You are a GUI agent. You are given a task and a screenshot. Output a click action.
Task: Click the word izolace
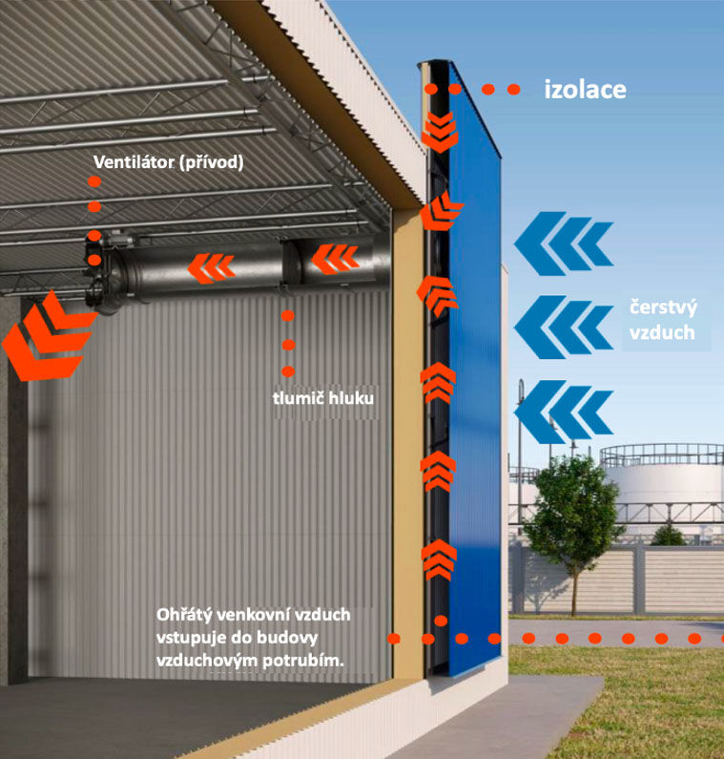point(585,90)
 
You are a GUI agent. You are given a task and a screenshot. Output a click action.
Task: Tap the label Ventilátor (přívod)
point(168,162)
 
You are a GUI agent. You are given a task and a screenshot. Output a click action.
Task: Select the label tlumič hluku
point(323,398)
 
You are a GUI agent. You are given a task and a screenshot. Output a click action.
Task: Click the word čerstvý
point(663,307)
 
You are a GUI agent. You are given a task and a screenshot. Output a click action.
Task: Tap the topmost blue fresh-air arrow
point(564,243)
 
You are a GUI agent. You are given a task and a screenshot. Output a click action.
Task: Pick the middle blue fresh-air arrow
point(564,327)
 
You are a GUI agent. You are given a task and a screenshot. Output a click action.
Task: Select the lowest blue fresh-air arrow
point(564,411)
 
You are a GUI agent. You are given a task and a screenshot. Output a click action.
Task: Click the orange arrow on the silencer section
point(335,259)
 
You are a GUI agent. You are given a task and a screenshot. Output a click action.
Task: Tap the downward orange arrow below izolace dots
point(440,132)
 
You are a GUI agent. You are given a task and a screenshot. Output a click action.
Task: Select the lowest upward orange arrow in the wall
point(439,559)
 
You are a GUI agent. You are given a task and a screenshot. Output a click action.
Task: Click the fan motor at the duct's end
point(103,271)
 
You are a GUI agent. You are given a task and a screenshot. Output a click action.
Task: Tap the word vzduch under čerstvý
point(662,333)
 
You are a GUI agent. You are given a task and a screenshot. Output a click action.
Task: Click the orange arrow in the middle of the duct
point(212,268)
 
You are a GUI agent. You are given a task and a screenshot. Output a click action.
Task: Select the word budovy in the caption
point(287,638)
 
